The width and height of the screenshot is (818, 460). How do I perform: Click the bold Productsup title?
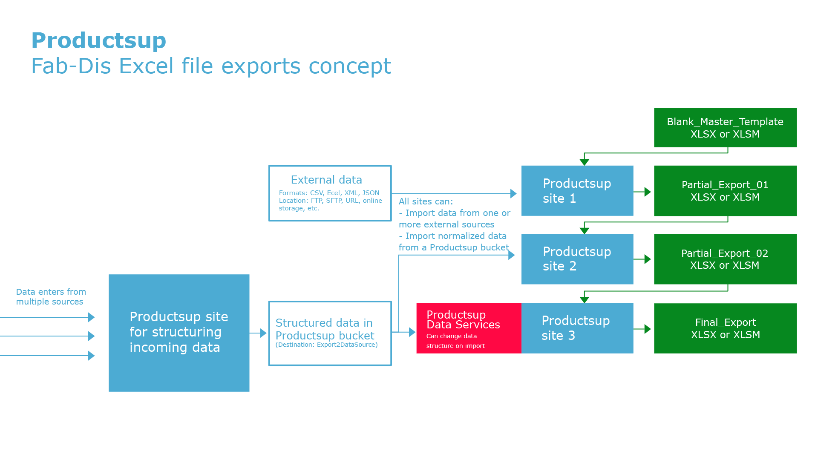(98, 40)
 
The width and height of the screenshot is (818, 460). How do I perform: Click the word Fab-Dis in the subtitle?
(70, 66)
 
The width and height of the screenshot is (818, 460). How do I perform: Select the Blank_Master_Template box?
(725, 128)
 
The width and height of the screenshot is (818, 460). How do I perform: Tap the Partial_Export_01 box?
(725, 191)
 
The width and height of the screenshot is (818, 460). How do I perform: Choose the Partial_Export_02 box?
(725, 259)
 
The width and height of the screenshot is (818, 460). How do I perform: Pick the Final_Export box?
(725, 328)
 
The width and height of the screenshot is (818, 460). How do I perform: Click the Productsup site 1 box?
(577, 191)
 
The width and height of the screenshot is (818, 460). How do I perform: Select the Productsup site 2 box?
(577, 259)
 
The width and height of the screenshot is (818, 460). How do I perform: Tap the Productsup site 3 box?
(577, 328)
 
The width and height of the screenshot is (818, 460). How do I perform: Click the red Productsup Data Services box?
(468, 328)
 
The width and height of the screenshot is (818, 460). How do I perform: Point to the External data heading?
(326, 180)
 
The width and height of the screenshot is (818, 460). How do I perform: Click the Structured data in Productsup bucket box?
(330, 333)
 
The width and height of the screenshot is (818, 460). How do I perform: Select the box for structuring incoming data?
(179, 333)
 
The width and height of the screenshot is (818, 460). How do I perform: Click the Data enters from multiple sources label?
(51, 297)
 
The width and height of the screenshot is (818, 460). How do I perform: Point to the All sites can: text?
(426, 201)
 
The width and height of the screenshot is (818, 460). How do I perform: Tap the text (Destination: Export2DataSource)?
(326, 345)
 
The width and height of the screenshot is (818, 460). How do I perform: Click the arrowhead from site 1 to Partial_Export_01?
(647, 192)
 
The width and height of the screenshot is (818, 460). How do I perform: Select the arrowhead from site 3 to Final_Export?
(647, 329)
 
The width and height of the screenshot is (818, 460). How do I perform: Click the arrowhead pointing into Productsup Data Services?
(412, 332)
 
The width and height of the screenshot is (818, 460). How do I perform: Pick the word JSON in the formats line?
(371, 193)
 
